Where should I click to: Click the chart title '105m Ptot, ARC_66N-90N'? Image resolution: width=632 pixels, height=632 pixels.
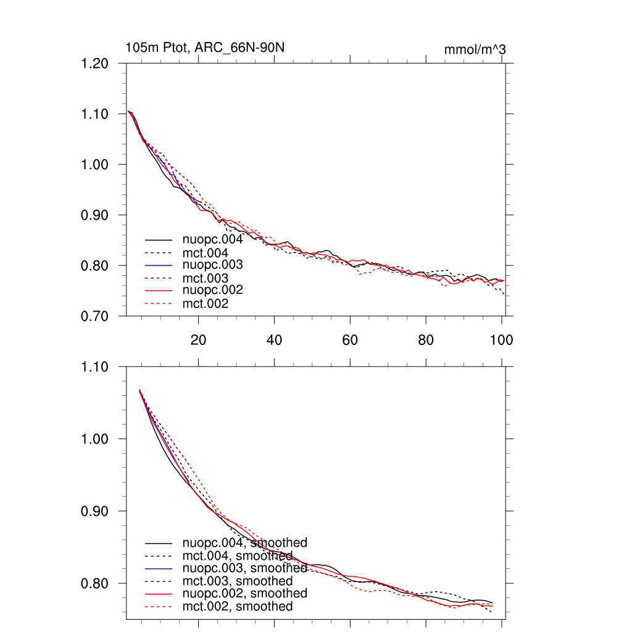[x=205, y=48]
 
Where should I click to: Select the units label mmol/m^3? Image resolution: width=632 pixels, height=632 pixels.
[x=475, y=49]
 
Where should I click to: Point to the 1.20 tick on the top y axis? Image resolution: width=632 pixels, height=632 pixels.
[x=95, y=64]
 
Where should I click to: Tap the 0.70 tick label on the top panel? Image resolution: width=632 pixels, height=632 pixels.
[x=95, y=316]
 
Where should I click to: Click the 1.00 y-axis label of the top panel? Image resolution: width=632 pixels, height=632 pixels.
[x=95, y=165]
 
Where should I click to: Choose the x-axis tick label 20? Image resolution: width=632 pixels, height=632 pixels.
[x=198, y=339]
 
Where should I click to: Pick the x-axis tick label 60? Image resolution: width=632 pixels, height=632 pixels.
[x=350, y=339]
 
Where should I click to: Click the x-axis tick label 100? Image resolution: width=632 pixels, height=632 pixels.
[x=501, y=339]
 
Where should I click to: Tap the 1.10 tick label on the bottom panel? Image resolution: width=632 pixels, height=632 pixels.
[x=95, y=367]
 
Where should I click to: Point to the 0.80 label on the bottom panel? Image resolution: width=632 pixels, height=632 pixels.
[x=95, y=584]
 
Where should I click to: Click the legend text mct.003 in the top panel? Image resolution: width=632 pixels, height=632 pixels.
[x=205, y=278]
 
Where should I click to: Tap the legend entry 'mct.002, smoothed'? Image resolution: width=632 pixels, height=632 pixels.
[x=238, y=607]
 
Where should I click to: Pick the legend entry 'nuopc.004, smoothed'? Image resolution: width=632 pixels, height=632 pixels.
[x=245, y=543]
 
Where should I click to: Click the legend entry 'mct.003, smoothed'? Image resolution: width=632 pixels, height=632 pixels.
[x=238, y=581]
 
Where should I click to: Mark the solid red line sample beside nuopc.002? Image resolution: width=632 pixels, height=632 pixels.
[x=159, y=290]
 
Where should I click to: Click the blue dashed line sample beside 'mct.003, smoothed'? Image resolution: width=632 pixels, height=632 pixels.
[x=159, y=581]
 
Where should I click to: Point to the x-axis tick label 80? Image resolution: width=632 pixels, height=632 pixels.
[x=426, y=339]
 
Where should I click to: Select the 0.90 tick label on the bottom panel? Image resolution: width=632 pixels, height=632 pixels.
[x=95, y=512]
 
